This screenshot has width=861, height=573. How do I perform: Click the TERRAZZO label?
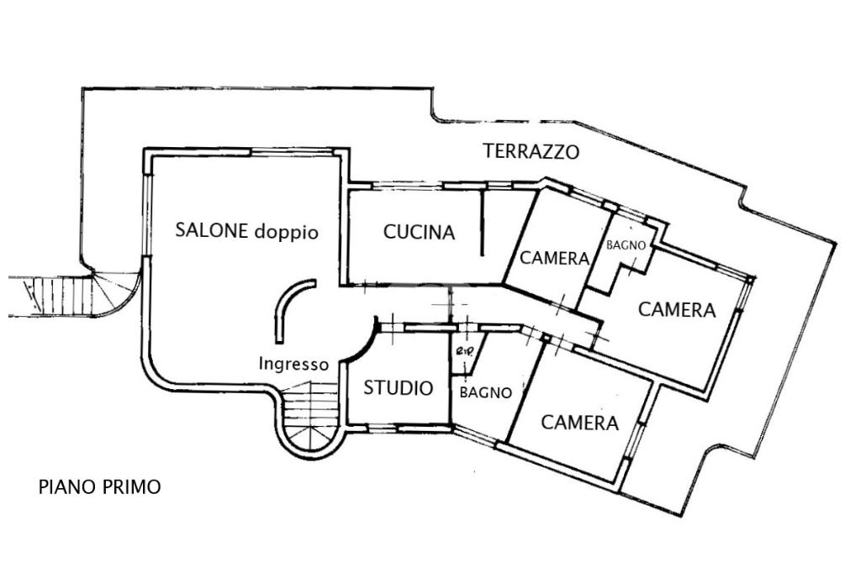point(531,152)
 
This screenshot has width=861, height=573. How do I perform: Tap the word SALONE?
point(212,230)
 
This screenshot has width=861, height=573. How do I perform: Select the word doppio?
point(286,232)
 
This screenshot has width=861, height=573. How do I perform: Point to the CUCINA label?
point(419,232)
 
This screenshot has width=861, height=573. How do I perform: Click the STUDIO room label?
point(399,388)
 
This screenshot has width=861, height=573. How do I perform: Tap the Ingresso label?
point(293,365)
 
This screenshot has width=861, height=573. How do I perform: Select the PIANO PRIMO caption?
point(99,486)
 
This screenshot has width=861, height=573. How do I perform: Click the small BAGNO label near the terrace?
point(626,246)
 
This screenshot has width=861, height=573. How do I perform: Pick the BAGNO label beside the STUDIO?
point(486,392)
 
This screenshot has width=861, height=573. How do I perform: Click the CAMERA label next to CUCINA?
point(554,259)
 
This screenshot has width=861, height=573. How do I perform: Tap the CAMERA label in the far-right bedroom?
point(677,309)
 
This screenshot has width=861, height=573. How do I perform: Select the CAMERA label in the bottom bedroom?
point(579,423)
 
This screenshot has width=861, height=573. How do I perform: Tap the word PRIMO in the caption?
point(131,486)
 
